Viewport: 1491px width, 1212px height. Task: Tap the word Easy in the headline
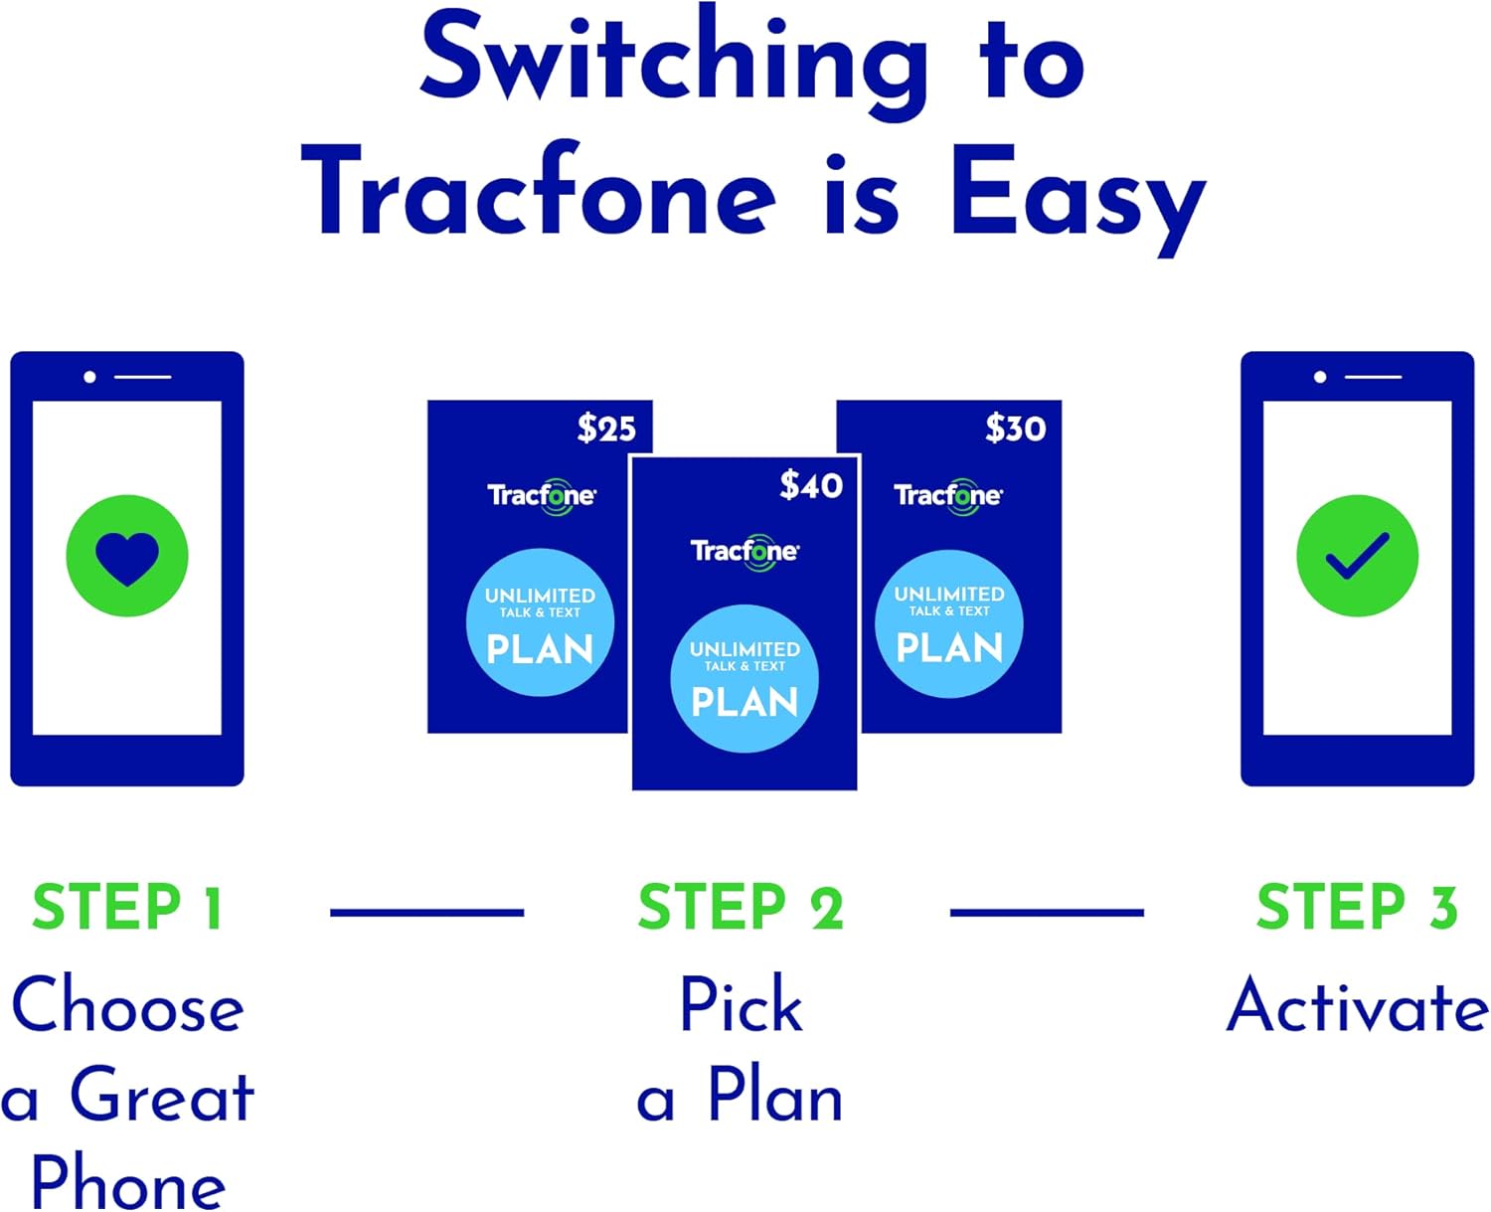pos(1077,195)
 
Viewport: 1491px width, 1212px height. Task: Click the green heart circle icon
pos(127,556)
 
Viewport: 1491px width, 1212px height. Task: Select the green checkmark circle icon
pos(1357,556)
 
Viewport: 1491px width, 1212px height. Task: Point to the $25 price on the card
pos(605,429)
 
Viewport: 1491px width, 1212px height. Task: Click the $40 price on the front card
pos(810,485)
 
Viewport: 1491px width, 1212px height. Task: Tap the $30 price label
pos(1015,429)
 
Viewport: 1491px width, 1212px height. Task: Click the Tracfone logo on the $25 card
pos(541,495)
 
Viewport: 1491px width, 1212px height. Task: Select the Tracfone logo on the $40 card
pos(745,551)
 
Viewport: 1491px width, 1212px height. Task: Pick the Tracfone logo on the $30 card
pos(948,495)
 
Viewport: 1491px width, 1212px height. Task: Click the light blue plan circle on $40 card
pos(745,678)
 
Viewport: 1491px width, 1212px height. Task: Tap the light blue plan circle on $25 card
pos(540,622)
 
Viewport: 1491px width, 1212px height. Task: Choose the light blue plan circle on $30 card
pos(949,623)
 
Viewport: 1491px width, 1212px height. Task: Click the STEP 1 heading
pos(127,908)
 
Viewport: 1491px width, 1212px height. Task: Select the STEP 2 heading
pos(741,908)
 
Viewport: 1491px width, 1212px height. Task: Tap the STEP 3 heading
pos(1357,908)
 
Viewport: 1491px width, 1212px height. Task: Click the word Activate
pos(1357,1005)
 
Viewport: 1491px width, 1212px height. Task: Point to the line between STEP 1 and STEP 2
pos(426,912)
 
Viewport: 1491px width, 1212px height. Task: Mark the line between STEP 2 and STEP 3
pos(1047,912)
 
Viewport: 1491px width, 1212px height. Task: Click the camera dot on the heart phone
pos(90,377)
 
